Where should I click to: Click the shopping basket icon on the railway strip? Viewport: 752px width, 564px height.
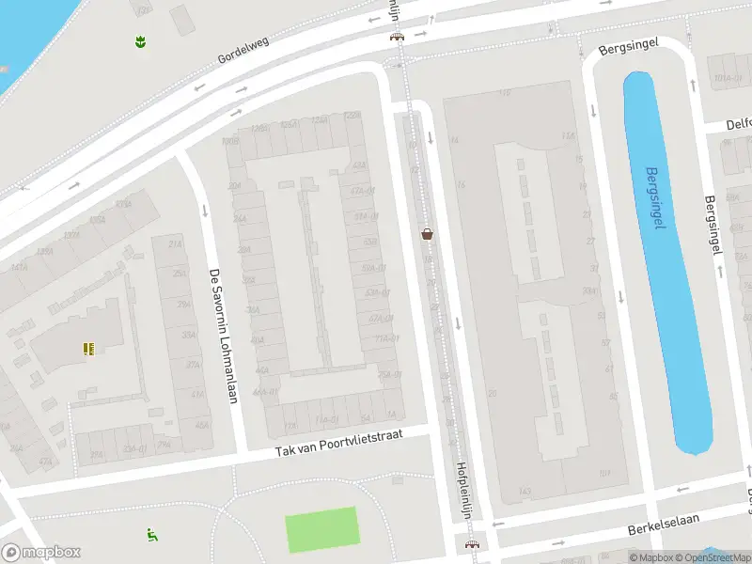[x=428, y=233]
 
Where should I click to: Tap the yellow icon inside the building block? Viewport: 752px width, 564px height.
[x=88, y=350]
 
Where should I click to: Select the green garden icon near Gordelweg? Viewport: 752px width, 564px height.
[x=139, y=41]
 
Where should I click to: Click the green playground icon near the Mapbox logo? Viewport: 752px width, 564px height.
[x=151, y=535]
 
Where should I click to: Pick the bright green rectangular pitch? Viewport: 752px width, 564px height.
[x=321, y=528]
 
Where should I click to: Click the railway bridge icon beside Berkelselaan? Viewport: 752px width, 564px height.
[x=471, y=544]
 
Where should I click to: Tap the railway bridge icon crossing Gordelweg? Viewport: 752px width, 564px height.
[x=397, y=37]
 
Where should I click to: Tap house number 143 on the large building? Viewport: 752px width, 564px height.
[x=525, y=491]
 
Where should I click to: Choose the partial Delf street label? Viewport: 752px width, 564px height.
[x=739, y=124]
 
